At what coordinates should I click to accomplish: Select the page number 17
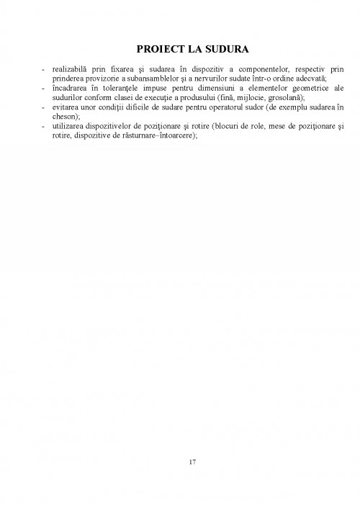point(180,461)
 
